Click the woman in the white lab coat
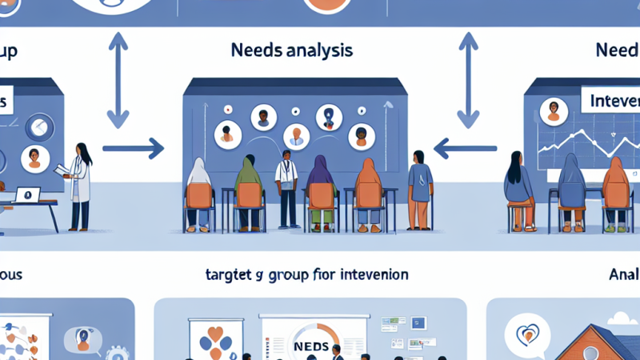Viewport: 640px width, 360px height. [81, 184]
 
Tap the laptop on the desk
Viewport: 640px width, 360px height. [28, 195]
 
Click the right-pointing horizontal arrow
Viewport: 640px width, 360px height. [133, 147]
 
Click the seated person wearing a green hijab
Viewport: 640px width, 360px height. [249, 188]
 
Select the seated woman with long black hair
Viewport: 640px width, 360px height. [519, 188]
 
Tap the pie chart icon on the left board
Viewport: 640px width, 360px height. [35, 126]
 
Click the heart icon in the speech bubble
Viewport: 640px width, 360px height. [528, 330]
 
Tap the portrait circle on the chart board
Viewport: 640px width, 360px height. [550, 111]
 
